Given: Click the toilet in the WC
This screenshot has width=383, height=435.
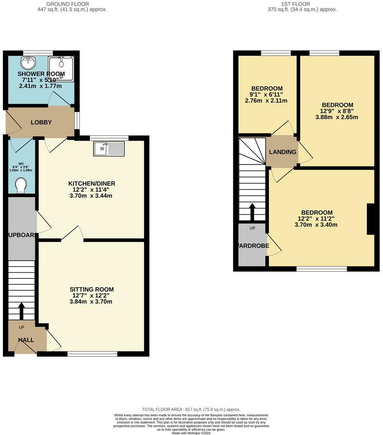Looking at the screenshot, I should click(20, 185).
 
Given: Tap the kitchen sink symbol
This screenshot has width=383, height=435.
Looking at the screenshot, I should click(108, 149).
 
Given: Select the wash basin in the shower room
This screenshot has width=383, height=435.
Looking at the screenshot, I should click(28, 63).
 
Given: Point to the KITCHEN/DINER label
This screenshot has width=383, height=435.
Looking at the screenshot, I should click(92, 183).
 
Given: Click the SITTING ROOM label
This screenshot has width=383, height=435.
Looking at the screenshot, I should click(92, 290).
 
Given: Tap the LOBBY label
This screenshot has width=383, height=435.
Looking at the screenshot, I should click(41, 122).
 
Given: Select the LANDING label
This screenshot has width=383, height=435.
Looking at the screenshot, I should click(283, 152).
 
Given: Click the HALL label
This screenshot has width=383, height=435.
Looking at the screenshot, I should click(26, 340).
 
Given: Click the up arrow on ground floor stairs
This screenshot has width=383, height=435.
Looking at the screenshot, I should click(21, 311).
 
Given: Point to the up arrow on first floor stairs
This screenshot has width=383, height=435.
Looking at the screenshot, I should click(252, 212).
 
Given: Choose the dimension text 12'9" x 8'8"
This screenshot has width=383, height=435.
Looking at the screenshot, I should click(337, 111).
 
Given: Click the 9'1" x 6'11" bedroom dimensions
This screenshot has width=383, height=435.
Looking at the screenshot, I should click(266, 94).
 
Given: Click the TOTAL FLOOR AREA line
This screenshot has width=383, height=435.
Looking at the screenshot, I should click(191, 409).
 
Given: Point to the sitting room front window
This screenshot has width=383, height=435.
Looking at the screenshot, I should click(92, 353).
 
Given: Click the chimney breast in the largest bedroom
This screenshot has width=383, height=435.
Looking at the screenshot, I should click(371, 219).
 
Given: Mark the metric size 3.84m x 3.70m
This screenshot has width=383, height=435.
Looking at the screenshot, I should click(92, 302).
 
